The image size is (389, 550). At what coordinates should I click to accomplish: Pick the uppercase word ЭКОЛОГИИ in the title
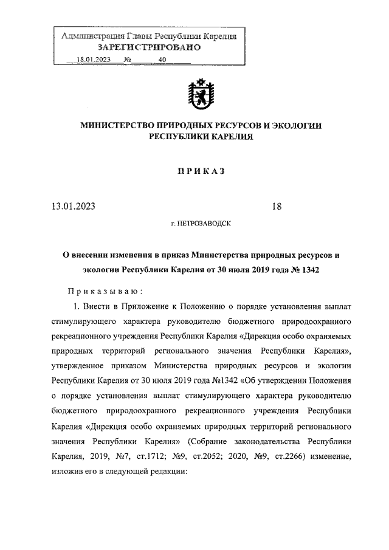295,126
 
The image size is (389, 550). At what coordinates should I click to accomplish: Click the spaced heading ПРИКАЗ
201,172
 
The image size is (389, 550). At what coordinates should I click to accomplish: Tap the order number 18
277,207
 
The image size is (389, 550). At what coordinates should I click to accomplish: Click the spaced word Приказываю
105,291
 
